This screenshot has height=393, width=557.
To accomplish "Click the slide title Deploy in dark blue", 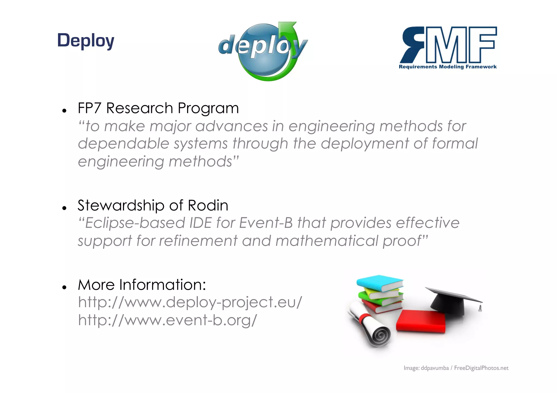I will (86, 41).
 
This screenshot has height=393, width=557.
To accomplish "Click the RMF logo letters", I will (448, 45).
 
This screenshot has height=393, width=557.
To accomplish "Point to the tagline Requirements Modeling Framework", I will (447, 67).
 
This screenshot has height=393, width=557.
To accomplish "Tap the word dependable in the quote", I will (123, 144).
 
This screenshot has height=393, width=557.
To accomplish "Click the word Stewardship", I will (121, 206).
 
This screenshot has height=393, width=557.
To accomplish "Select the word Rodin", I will (208, 205).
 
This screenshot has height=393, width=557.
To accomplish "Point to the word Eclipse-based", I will (135, 223).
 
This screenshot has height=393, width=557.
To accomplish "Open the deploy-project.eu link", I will (190, 302).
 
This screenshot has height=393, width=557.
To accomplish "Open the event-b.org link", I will (167, 320).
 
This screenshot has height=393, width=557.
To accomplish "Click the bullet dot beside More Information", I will (64, 287).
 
